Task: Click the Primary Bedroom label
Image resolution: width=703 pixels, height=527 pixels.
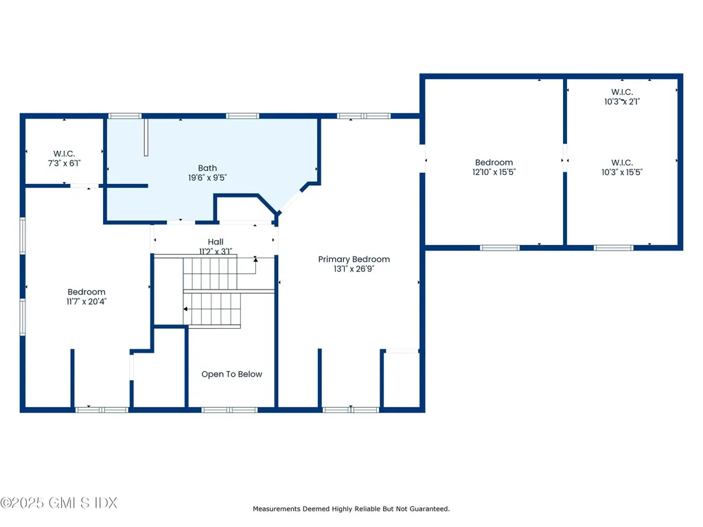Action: point(354,259)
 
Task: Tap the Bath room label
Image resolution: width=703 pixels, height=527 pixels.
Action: point(207,168)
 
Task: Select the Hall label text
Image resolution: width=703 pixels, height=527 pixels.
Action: point(216,242)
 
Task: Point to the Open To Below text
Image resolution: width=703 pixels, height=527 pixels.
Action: point(232,374)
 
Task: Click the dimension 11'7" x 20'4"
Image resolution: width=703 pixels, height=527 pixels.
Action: point(87,302)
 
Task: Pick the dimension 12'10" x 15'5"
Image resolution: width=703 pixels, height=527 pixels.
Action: point(494,172)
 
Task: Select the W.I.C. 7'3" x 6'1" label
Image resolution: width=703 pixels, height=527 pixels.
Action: point(64,159)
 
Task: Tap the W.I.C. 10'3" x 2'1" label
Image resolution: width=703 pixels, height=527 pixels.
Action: point(622,97)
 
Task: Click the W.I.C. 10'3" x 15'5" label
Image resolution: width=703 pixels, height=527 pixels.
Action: point(622,167)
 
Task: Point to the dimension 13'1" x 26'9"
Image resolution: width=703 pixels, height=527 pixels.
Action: point(354,269)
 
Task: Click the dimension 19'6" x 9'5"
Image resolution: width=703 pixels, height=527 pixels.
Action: point(207,178)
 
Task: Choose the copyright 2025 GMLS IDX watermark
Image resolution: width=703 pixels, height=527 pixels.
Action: point(59,503)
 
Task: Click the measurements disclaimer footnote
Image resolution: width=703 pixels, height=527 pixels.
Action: point(351,508)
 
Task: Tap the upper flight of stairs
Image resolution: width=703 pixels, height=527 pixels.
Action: point(210,273)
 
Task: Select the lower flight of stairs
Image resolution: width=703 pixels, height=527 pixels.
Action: point(212,309)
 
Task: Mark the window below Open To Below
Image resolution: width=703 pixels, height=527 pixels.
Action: point(229,410)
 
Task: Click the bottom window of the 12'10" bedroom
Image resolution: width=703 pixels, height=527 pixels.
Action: point(500,248)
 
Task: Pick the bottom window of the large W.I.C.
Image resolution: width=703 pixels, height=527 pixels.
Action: point(614,248)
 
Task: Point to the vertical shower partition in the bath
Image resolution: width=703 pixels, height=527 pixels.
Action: point(146,137)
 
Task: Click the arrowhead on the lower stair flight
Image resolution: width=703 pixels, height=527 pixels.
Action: point(185,309)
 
